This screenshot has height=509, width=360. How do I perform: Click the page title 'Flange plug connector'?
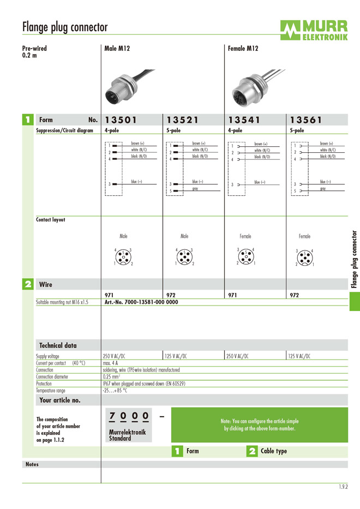(x=65, y=27)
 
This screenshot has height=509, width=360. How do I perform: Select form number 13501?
(x=121, y=120)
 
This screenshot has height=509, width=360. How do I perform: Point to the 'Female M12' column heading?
(x=243, y=49)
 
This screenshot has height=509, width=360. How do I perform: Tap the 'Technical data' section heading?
(x=58, y=345)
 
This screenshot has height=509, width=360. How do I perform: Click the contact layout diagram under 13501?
(x=123, y=257)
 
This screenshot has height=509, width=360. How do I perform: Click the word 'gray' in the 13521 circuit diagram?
(x=195, y=189)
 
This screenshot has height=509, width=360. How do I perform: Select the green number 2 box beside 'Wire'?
(x=28, y=284)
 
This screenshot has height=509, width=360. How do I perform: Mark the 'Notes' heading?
(x=32, y=464)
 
